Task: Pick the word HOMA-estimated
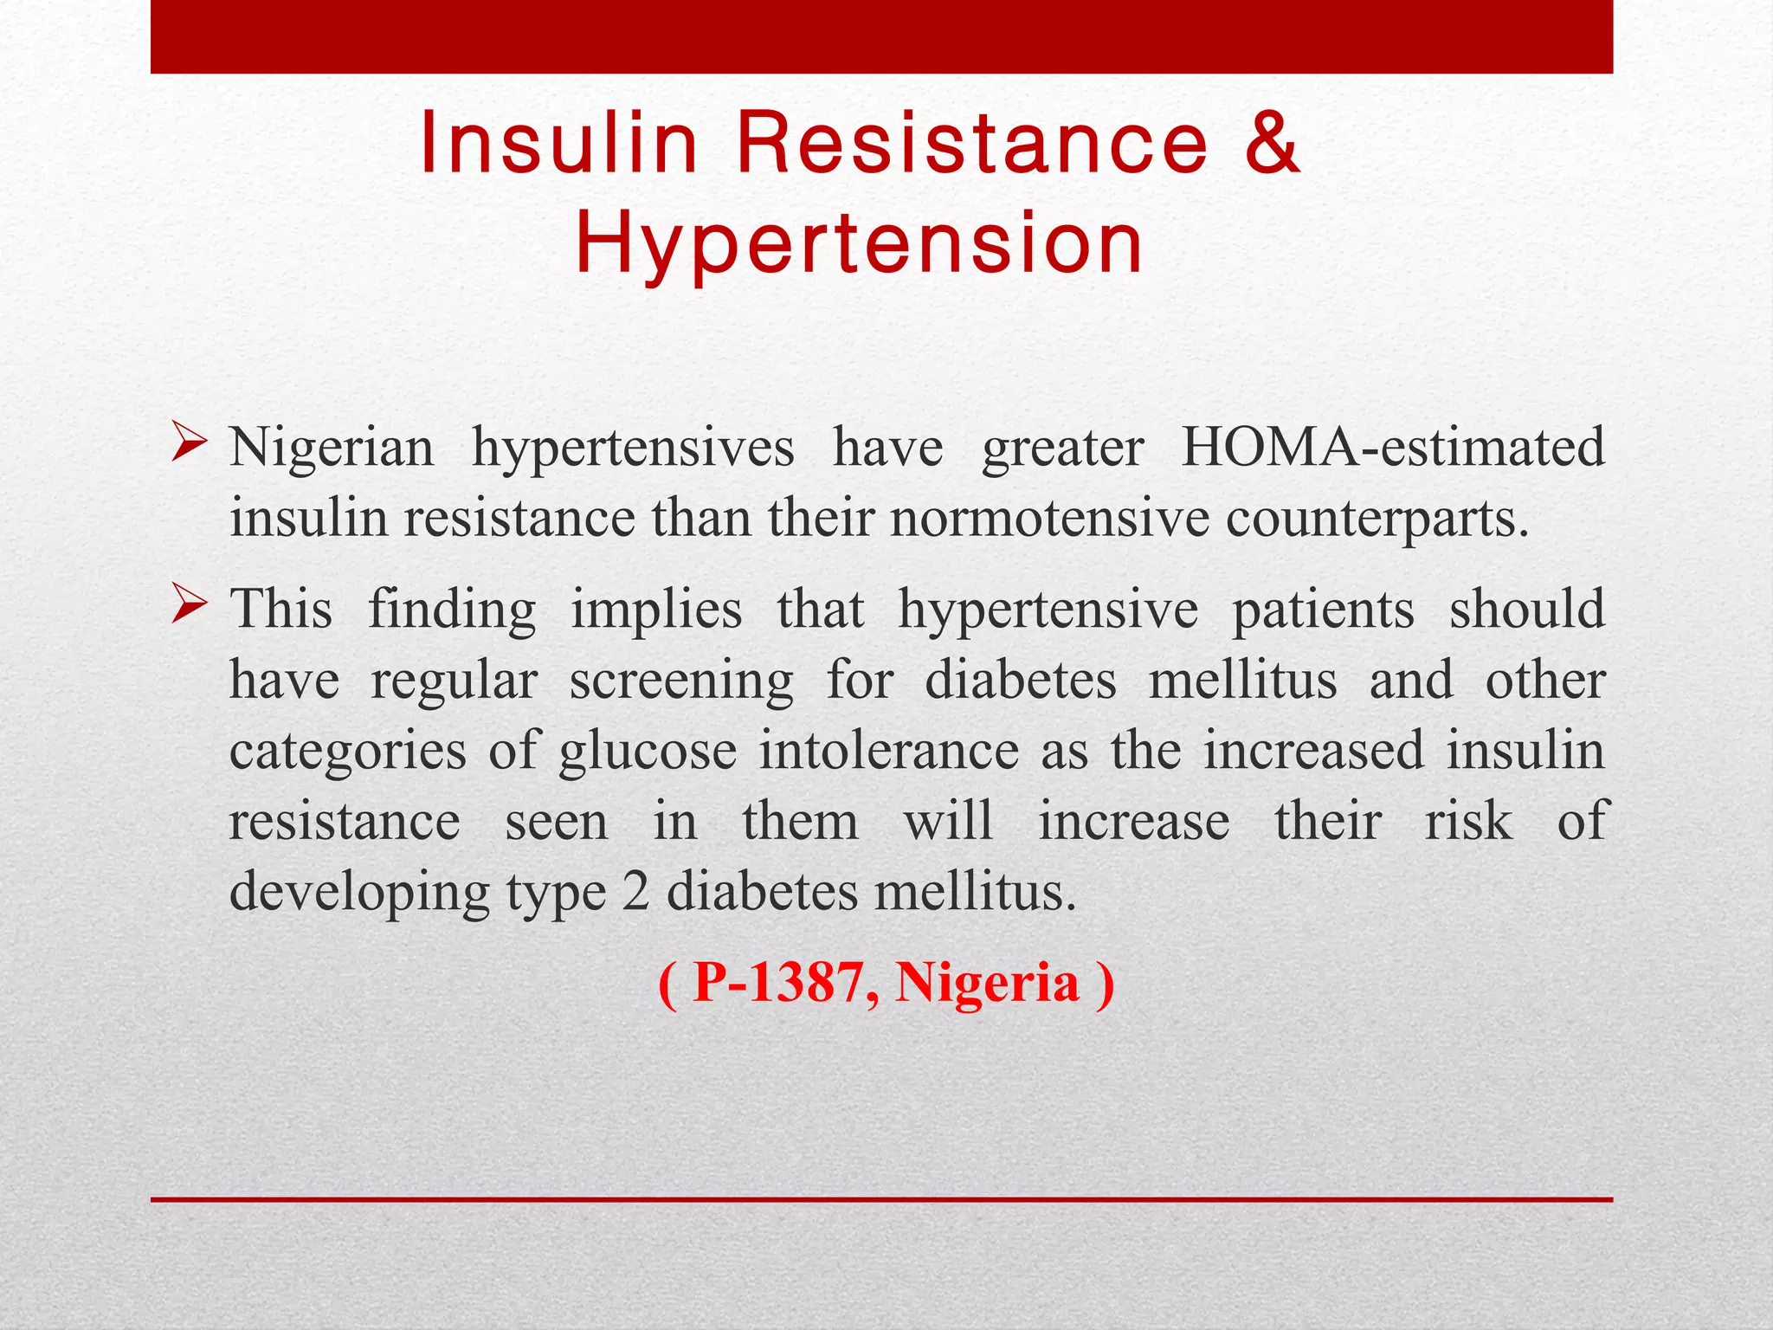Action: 1393,449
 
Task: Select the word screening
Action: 681,681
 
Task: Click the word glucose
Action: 648,751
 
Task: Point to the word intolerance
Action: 888,751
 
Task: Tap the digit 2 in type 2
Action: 635,892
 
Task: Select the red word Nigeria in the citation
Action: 987,984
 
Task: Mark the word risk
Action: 1468,821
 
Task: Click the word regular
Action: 455,681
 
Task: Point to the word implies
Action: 656,610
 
